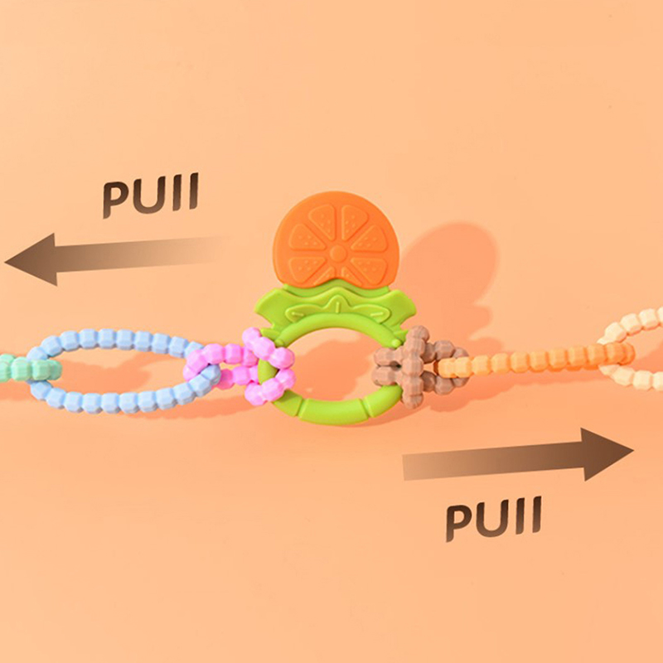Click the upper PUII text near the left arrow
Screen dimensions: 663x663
(151, 195)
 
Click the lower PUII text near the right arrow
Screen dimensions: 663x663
(493, 519)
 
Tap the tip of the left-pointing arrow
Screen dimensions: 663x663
(5, 262)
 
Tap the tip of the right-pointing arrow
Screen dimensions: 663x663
(633, 450)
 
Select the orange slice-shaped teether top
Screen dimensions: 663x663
(336, 240)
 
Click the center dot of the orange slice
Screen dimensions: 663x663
(337, 254)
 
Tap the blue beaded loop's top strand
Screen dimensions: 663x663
(119, 338)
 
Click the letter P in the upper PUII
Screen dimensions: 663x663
(116, 200)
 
